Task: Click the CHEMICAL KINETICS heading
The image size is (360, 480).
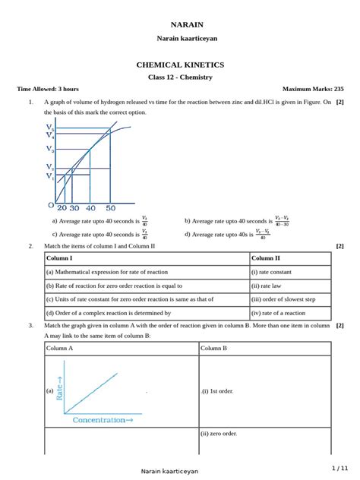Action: [x=180, y=65]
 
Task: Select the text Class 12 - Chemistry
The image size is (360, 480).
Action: [x=180, y=77]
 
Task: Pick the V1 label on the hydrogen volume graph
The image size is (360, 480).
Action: [x=49, y=176]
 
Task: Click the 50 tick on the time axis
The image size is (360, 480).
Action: [x=110, y=207]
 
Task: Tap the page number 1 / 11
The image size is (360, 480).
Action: [x=339, y=467]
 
